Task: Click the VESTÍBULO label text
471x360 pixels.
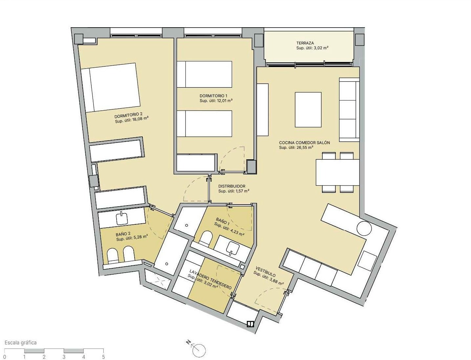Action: point(266,271)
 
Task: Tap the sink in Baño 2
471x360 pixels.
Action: point(122,218)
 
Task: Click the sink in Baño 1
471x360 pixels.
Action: point(233,248)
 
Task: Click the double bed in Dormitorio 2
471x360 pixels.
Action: point(110,87)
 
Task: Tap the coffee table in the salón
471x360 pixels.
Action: point(308,109)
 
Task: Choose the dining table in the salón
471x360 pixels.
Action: point(337,172)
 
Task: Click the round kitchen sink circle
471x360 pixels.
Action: point(364,228)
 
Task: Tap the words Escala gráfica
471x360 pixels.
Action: point(21,342)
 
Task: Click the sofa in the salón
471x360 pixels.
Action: point(349,109)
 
